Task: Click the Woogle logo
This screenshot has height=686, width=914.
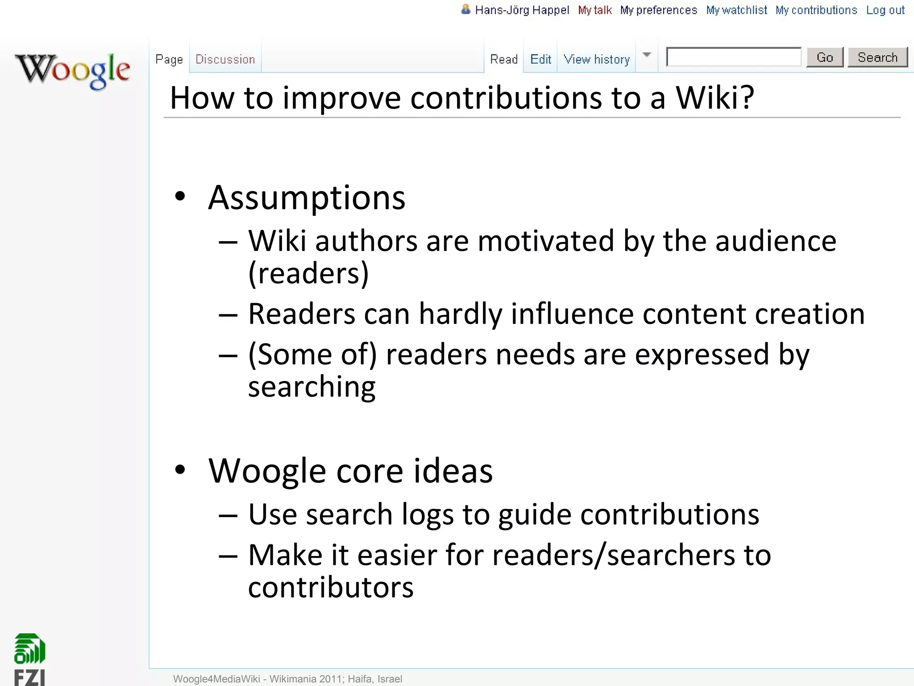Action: (73, 71)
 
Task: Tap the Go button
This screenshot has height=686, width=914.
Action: (825, 58)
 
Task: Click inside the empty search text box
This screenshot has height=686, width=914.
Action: (734, 57)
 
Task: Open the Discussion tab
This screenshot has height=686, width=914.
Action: (225, 59)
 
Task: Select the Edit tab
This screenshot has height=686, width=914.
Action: (540, 59)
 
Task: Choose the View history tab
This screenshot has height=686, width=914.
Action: (597, 59)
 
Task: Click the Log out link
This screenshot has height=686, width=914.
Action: (885, 10)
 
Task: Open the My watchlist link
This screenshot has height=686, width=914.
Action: (736, 10)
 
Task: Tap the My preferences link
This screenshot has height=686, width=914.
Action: (658, 10)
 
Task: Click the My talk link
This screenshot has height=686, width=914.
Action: (595, 10)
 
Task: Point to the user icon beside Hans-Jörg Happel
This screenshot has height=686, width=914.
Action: (465, 9)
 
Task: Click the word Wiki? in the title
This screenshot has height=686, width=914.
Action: (715, 98)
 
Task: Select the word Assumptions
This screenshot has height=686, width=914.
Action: (307, 197)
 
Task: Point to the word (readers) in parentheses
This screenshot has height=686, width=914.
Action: (308, 273)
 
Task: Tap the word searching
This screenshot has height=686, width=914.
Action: (312, 387)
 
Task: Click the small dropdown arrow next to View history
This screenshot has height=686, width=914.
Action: (647, 55)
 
